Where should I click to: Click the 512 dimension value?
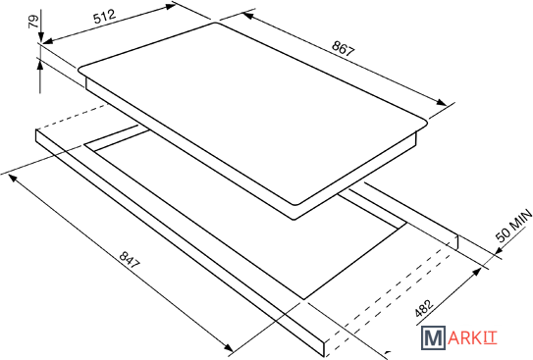coord(105,16)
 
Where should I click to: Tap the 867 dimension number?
coord(344,48)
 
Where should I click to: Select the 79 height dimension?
coord(33,23)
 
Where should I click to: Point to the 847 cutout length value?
coord(130,260)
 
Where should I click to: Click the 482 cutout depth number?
coord(424,308)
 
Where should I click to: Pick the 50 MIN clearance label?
coord(514,226)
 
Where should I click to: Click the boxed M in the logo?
coord(433,337)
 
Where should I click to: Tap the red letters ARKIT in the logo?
coord(472,338)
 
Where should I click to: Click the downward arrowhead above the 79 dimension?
coord(41,36)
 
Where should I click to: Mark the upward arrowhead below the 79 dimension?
coord(40,64)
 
